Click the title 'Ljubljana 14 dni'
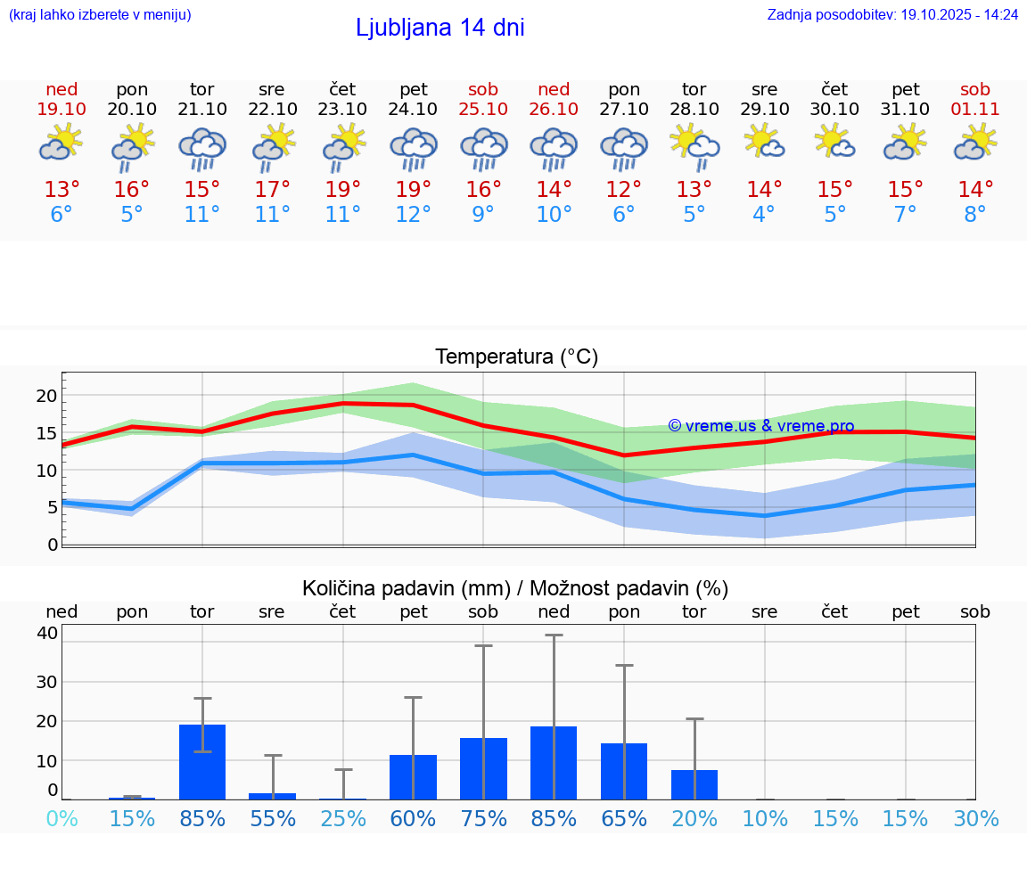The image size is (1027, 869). [440, 28]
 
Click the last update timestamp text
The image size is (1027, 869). [892, 15]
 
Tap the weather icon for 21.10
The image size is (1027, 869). [202, 149]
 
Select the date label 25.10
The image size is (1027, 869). [483, 110]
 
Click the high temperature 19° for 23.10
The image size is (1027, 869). [342, 190]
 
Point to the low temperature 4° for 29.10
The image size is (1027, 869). [764, 215]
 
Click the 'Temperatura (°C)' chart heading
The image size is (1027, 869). [516, 357]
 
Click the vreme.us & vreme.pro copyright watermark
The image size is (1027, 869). [760, 426]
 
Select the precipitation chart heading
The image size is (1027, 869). [515, 588]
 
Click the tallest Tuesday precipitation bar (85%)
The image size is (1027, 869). [202, 762]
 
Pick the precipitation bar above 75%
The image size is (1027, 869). [483, 768]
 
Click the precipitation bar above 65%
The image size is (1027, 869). [624, 771]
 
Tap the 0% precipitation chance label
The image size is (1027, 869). [62, 819]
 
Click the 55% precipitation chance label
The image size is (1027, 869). [272, 819]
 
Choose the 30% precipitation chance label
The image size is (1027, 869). [975, 819]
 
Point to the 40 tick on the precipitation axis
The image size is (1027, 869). [47, 633]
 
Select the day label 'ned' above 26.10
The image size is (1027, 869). [554, 90]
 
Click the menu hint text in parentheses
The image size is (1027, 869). [100, 15]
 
